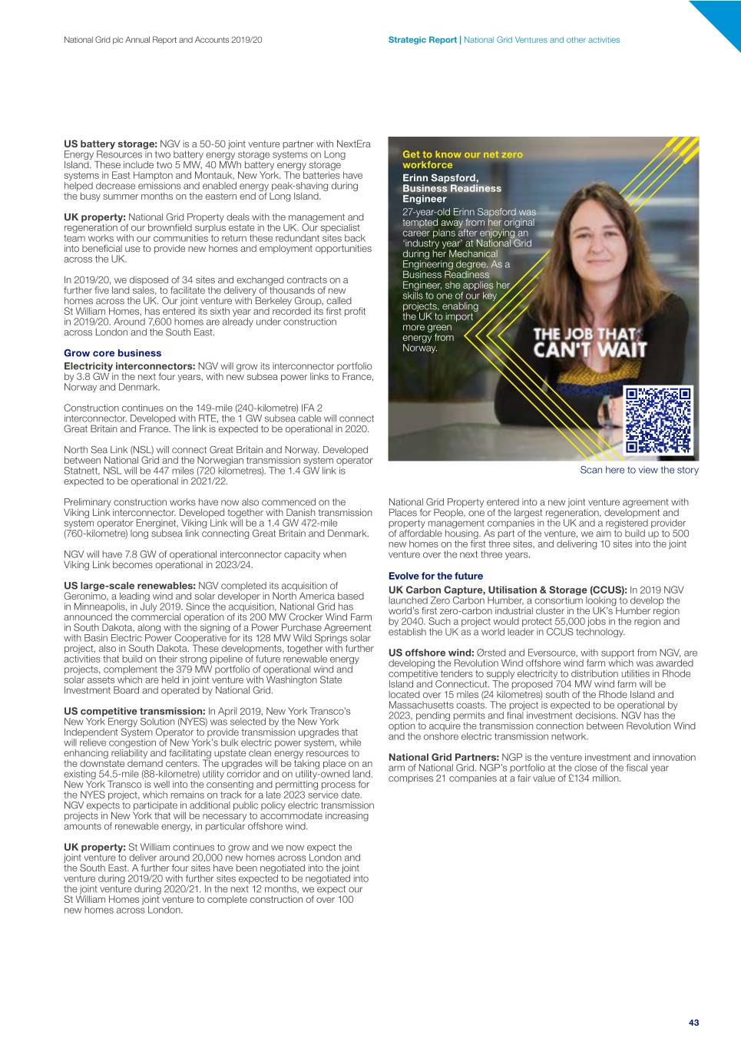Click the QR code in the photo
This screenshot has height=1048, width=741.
click(x=659, y=421)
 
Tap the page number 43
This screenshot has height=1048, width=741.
click(x=693, y=1023)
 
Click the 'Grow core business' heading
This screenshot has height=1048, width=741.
click(x=112, y=353)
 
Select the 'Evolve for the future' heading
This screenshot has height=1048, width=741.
click(x=435, y=576)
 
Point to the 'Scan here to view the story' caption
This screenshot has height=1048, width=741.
click(x=639, y=470)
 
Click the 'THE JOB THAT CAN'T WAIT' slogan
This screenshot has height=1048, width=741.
click(x=590, y=342)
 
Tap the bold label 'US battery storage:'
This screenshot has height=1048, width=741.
click(x=110, y=144)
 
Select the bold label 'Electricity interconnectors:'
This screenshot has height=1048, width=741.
click(x=130, y=366)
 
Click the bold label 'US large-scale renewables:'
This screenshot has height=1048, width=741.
click(x=130, y=586)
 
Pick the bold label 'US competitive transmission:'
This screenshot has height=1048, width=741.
click(x=134, y=712)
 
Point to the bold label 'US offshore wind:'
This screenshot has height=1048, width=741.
click(x=431, y=653)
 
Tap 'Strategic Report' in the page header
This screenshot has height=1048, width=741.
click(x=422, y=40)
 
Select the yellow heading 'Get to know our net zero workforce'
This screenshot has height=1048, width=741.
click(x=462, y=160)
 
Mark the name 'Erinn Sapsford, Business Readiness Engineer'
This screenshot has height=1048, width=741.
click(x=452, y=188)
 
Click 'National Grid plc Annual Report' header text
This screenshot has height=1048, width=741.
click(x=162, y=40)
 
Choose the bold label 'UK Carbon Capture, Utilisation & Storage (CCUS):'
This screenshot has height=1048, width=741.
click(x=508, y=590)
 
